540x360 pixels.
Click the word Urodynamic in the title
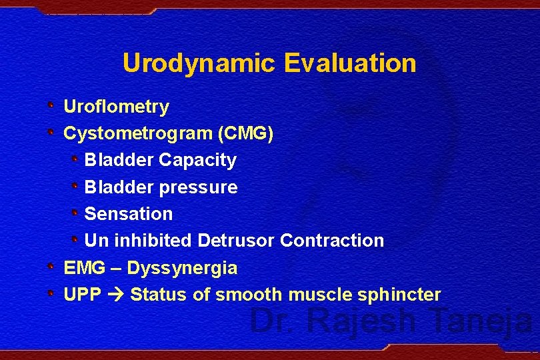(199, 64)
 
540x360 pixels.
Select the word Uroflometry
(116, 107)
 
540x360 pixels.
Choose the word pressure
(198, 187)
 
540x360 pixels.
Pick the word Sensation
(128, 214)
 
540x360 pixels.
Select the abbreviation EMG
(84, 268)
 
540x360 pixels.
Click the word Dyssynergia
(182, 269)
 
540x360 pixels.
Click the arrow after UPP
(115, 295)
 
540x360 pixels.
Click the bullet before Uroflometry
(52, 105)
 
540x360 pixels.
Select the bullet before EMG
(52, 267)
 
